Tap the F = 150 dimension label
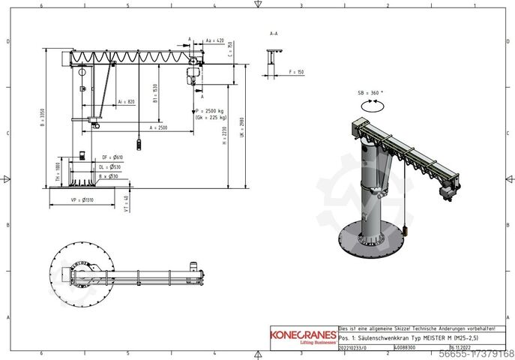tap(296, 72)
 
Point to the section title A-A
tap(274, 34)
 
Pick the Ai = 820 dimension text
tap(127, 101)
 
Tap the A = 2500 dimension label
tap(157, 128)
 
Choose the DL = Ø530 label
tap(110, 166)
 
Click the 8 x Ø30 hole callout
tap(109, 176)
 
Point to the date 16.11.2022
tap(460, 348)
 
